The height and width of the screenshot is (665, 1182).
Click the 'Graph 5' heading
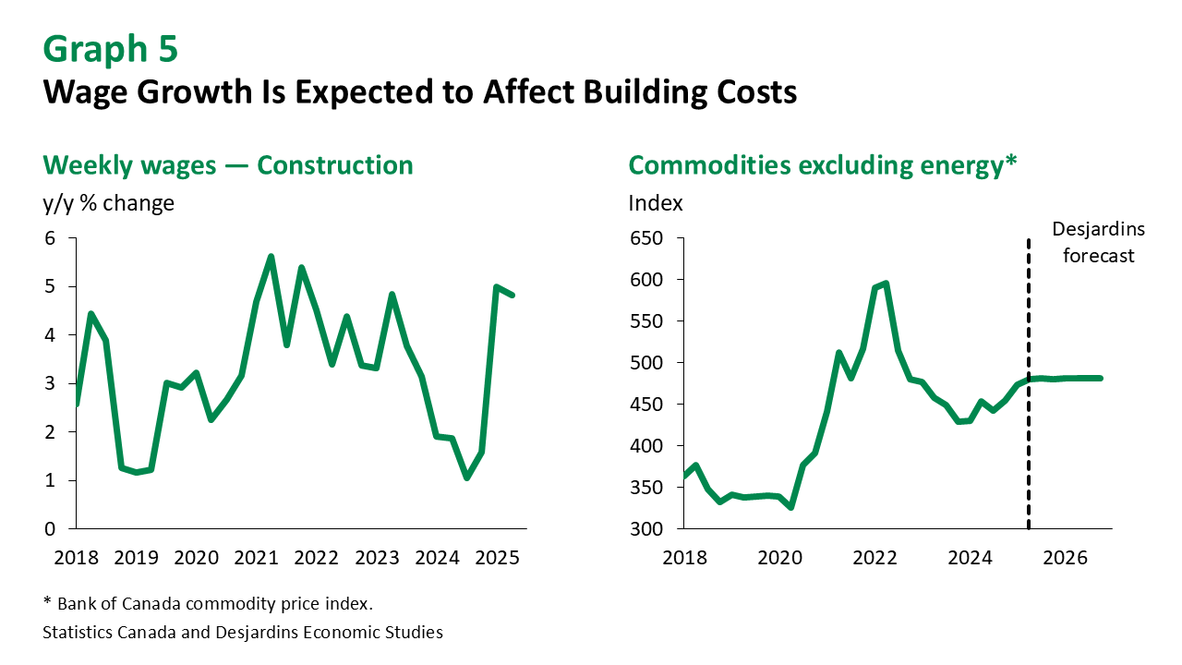pos(110,50)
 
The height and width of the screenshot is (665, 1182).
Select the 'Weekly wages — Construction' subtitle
pos(228,165)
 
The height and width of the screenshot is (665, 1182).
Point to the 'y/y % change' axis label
pos(109,203)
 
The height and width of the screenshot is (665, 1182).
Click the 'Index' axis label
pos(656,203)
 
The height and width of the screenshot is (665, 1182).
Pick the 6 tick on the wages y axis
pos(50,238)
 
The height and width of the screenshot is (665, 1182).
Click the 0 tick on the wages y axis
pos(50,529)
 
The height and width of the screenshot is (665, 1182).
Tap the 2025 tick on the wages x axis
pos(497,559)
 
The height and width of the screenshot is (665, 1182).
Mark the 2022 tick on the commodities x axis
pos(874,559)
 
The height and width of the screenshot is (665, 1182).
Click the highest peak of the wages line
pos(271,257)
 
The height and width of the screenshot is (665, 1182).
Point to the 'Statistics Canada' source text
pos(116,633)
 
